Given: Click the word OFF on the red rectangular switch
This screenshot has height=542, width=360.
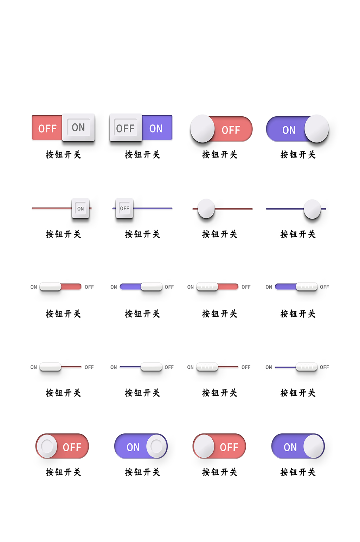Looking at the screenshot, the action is [47, 129].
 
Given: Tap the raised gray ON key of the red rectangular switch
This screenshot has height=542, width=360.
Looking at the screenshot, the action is [78, 127].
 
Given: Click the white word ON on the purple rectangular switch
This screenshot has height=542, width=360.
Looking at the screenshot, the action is [156, 129].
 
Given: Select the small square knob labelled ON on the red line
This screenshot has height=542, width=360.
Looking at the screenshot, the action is [81, 208].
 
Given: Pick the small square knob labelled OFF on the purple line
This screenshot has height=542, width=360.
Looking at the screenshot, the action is [124, 208].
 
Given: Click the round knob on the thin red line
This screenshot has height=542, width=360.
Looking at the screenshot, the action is [206, 208].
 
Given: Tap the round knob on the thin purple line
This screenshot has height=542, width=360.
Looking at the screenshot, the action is [312, 209].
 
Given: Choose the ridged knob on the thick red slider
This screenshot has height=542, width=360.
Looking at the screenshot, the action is [207, 286].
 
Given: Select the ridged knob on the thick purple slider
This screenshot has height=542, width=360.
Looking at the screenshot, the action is [307, 286].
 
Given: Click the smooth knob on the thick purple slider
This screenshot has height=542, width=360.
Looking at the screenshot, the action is [152, 286].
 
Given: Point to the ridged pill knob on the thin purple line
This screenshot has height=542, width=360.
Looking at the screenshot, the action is [307, 367].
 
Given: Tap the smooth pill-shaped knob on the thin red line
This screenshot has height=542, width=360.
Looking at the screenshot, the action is [50, 367].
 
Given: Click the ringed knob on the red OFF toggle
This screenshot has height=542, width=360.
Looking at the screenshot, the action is [47, 446].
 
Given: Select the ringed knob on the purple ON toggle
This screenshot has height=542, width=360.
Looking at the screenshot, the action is [156, 446].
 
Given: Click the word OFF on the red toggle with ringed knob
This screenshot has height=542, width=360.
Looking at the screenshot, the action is [72, 447].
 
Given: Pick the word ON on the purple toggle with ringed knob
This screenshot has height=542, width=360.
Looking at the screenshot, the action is [133, 447].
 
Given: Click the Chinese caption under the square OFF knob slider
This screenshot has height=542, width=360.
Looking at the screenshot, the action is [142, 234].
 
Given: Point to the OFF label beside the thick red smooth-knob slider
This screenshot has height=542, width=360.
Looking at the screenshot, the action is [89, 287].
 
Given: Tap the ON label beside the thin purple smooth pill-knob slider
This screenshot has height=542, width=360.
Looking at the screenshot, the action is [114, 367].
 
